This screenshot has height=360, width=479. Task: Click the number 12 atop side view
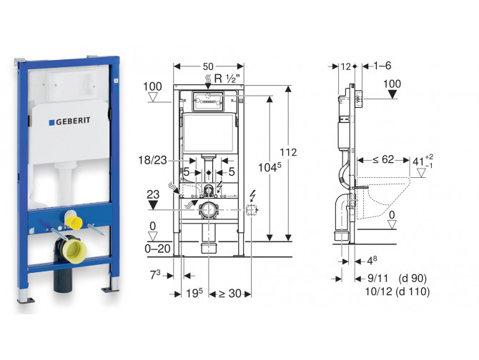pos(346,66)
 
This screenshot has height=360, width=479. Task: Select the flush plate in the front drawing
pos(207,101)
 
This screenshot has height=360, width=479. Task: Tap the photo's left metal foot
pos(26,294)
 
